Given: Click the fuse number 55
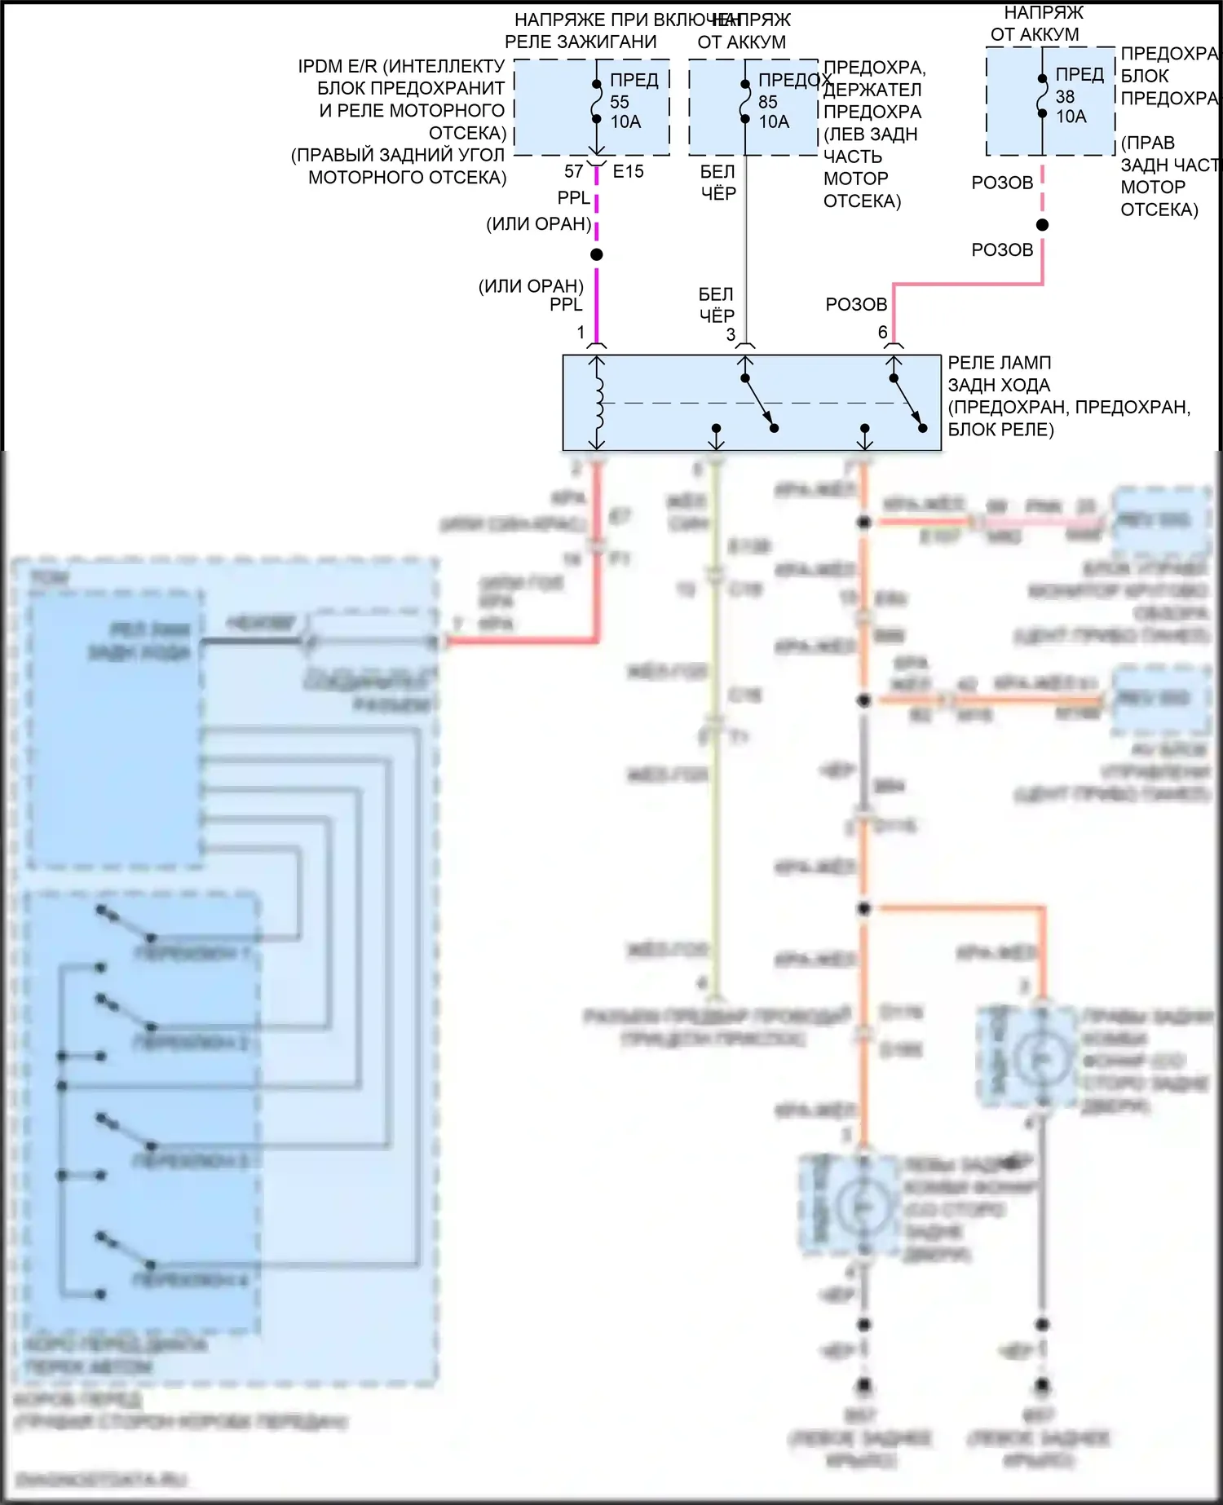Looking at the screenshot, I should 620,102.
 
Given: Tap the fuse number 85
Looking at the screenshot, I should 768,102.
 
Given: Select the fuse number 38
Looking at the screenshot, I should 1065,96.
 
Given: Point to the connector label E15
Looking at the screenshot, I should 628,171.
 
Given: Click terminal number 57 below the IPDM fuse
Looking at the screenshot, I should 574,171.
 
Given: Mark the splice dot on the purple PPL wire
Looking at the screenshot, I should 597,255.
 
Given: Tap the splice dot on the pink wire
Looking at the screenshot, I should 1042,225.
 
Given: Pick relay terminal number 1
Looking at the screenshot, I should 581,332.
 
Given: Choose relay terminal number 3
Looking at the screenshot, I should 731,334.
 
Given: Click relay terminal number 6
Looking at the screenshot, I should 882,332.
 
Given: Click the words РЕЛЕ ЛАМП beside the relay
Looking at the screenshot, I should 999,363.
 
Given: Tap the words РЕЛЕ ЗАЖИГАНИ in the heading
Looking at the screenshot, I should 581,42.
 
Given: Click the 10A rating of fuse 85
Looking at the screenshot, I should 774,122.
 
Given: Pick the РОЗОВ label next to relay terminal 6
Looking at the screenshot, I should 856,304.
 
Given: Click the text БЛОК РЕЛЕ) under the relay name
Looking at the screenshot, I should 1000,430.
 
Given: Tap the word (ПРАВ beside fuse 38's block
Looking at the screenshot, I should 1147,143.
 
